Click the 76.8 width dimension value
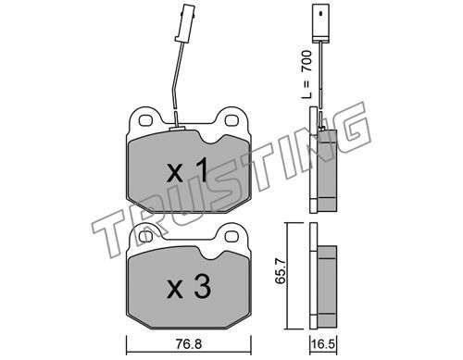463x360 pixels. pyautogui.click(x=189, y=343)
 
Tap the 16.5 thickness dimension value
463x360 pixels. pyautogui.click(x=323, y=344)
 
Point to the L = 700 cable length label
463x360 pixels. pyautogui.click(x=307, y=74)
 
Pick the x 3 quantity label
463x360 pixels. pyautogui.click(x=189, y=288)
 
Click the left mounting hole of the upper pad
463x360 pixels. pyautogui.click(x=146, y=120)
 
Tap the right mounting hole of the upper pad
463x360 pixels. pyautogui.click(x=231, y=120)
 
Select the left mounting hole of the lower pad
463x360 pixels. pyautogui.click(x=145, y=237)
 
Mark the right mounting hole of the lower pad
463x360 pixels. pyautogui.click(x=231, y=237)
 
